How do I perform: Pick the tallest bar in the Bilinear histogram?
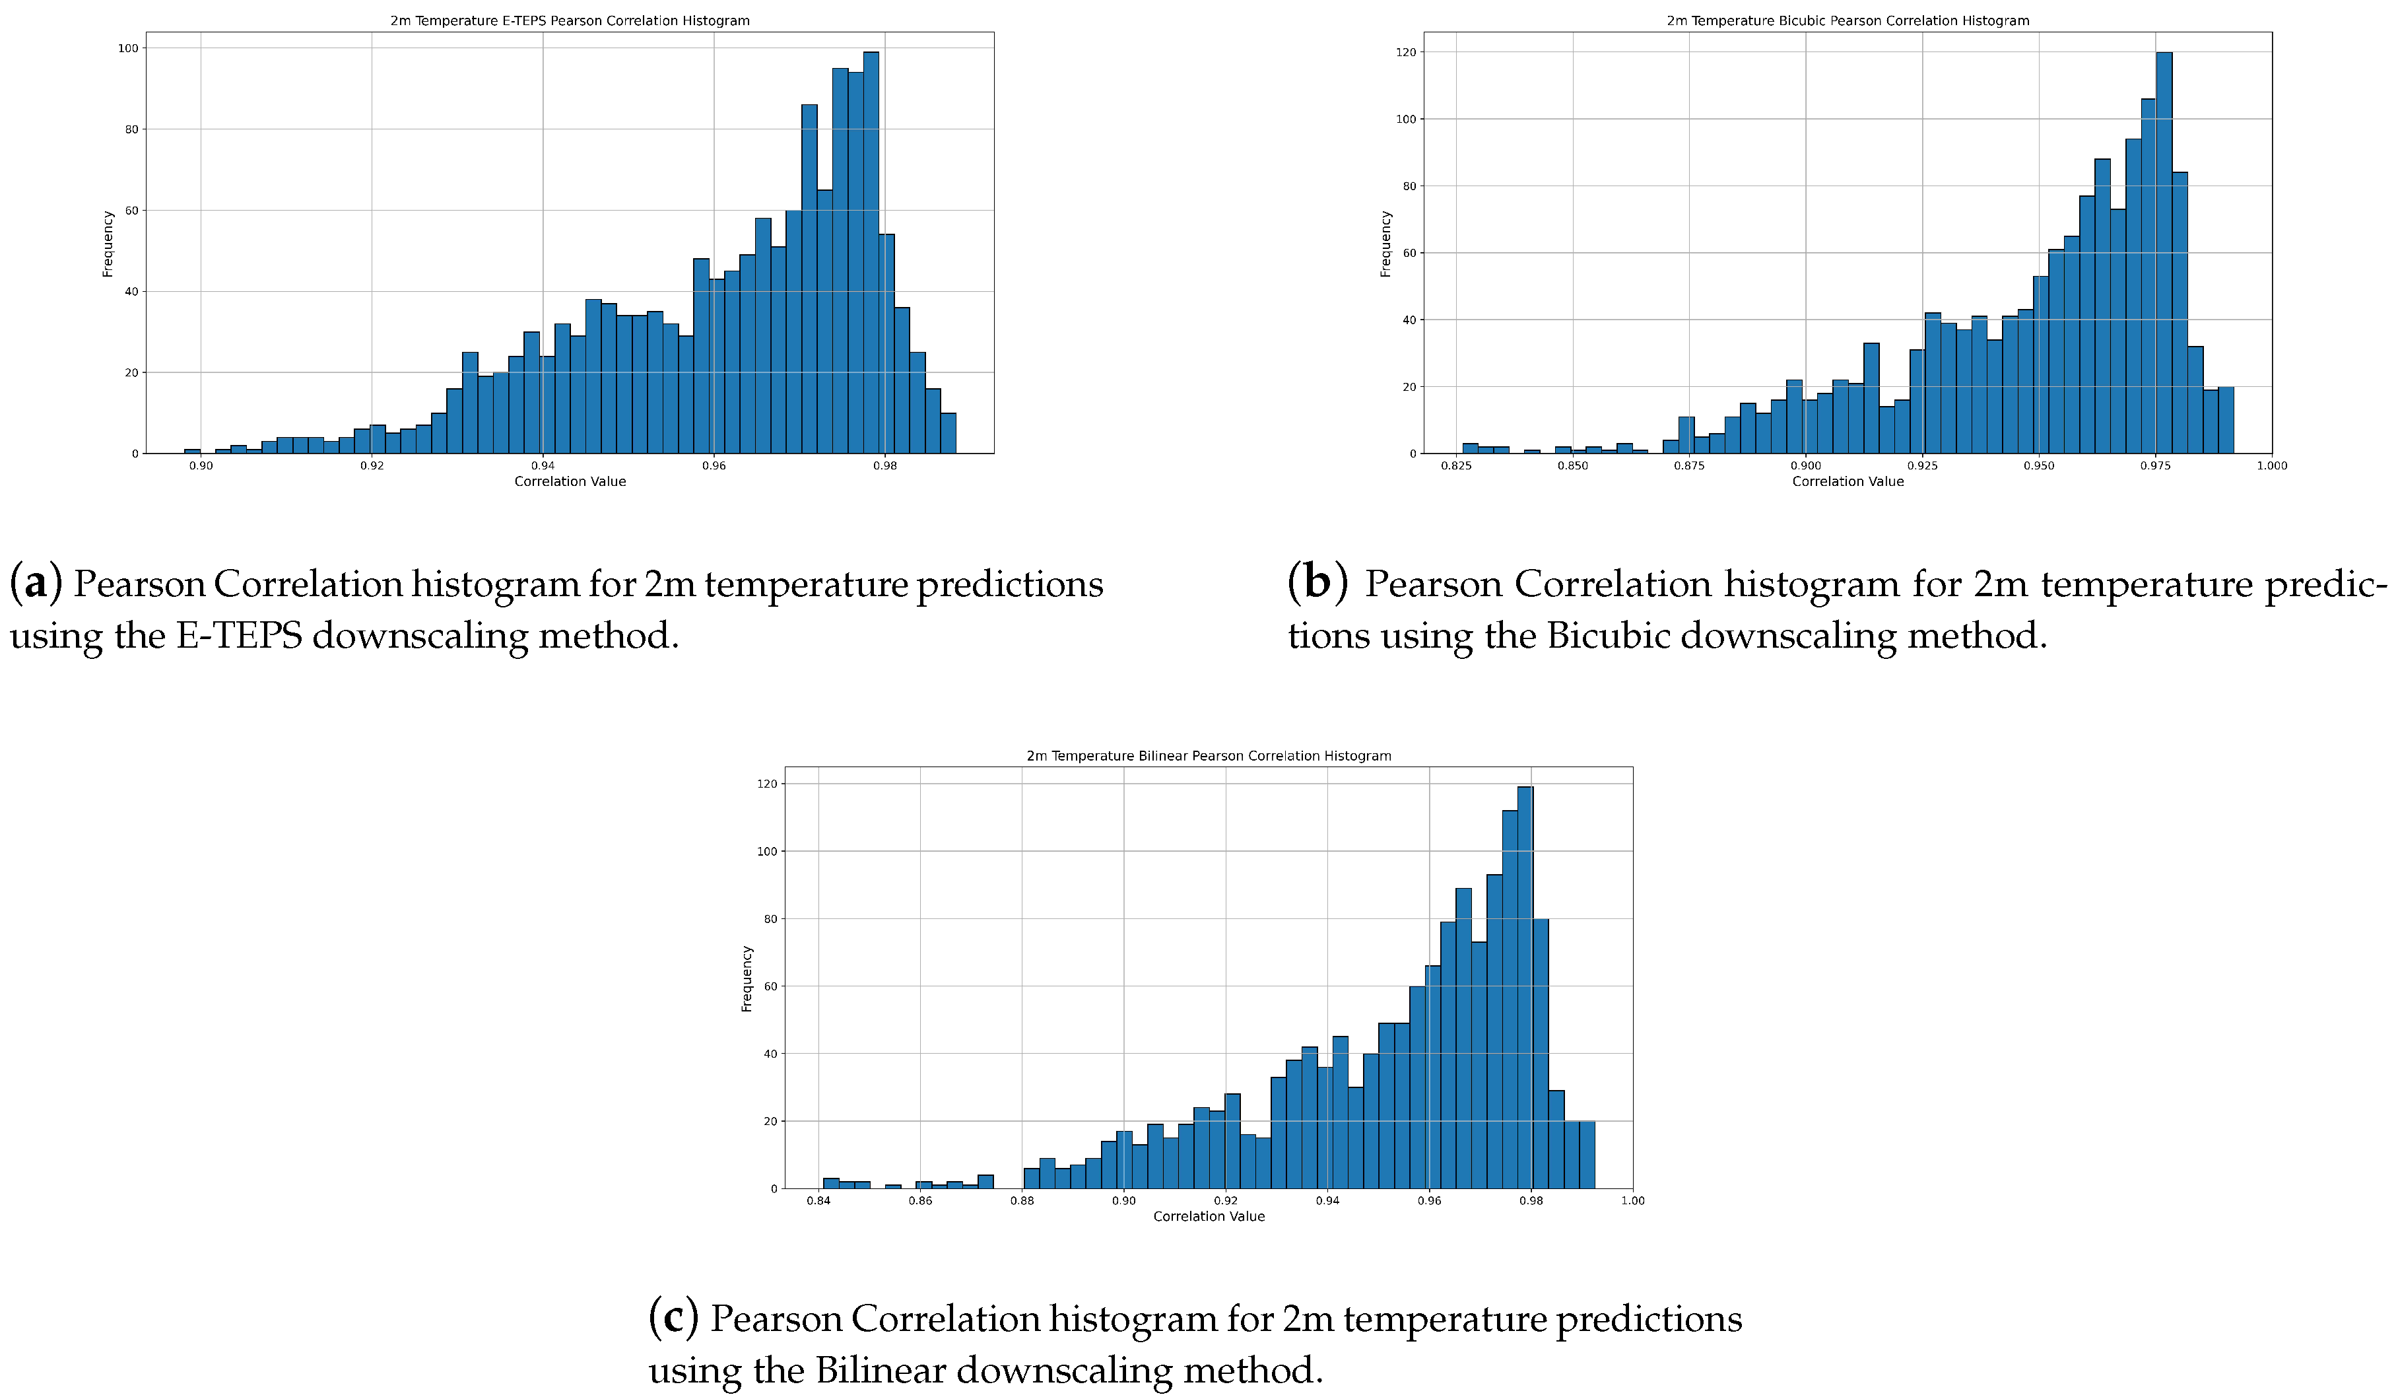pyautogui.click(x=1525, y=990)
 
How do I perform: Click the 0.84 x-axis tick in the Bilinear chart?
pyautogui.click(x=818, y=1201)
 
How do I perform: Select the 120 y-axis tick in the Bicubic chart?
pyautogui.click(x=1405, y=52)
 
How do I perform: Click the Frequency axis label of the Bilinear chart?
pyautogui.click(x=747, y=978)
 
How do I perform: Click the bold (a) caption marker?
pyautogui.click(x=35, y=582)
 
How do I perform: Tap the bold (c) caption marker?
pyautogui.click(x=673, y=1317)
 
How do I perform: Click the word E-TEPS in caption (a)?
pyautogui.click(x=239, y=634)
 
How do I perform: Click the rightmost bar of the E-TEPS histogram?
pyautogui.click(x=948, y=434)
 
